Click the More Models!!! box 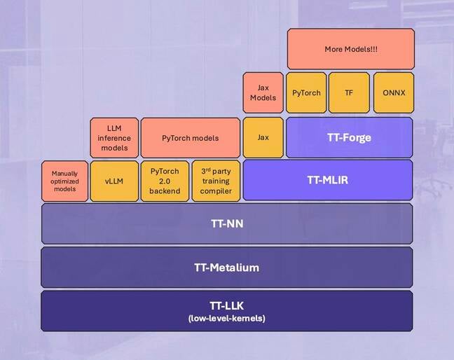pyautogui.click(x=350, y=49)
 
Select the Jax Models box pyautogui.click(x=263, y=92)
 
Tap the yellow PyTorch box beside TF pyautogui.click(x=306, y=92)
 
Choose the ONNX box pyautogui.click(x=393, y=92)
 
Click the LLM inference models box pyautogui.click(x=113, y=137)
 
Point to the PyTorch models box pyautogui.click(x=190, y=137)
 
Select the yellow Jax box pyautogui.click(x=263, y=137)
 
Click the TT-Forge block pyautogui.click(x=349, y=137)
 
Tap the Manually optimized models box pyautogui.click(x=65, y=181)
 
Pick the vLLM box pyautogui.click(x=113, y=181)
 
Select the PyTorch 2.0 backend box pyautogui.click(x=165, y=181)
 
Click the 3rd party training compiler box pyautogui.click(x=215, y=181)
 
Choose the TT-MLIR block pyautogui.click(x=327, y=181)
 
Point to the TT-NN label pyautogui.click(x=226, y=224)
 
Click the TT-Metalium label pyautogui.click(x=226, y=267)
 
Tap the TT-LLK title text pyautogui.click(x=226, y=305)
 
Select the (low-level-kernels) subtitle pyautogui.click(x=226, y=319)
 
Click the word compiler pyautogui.click(x=215, y=191)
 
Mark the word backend pyautogui.click(x=165, y=191)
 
